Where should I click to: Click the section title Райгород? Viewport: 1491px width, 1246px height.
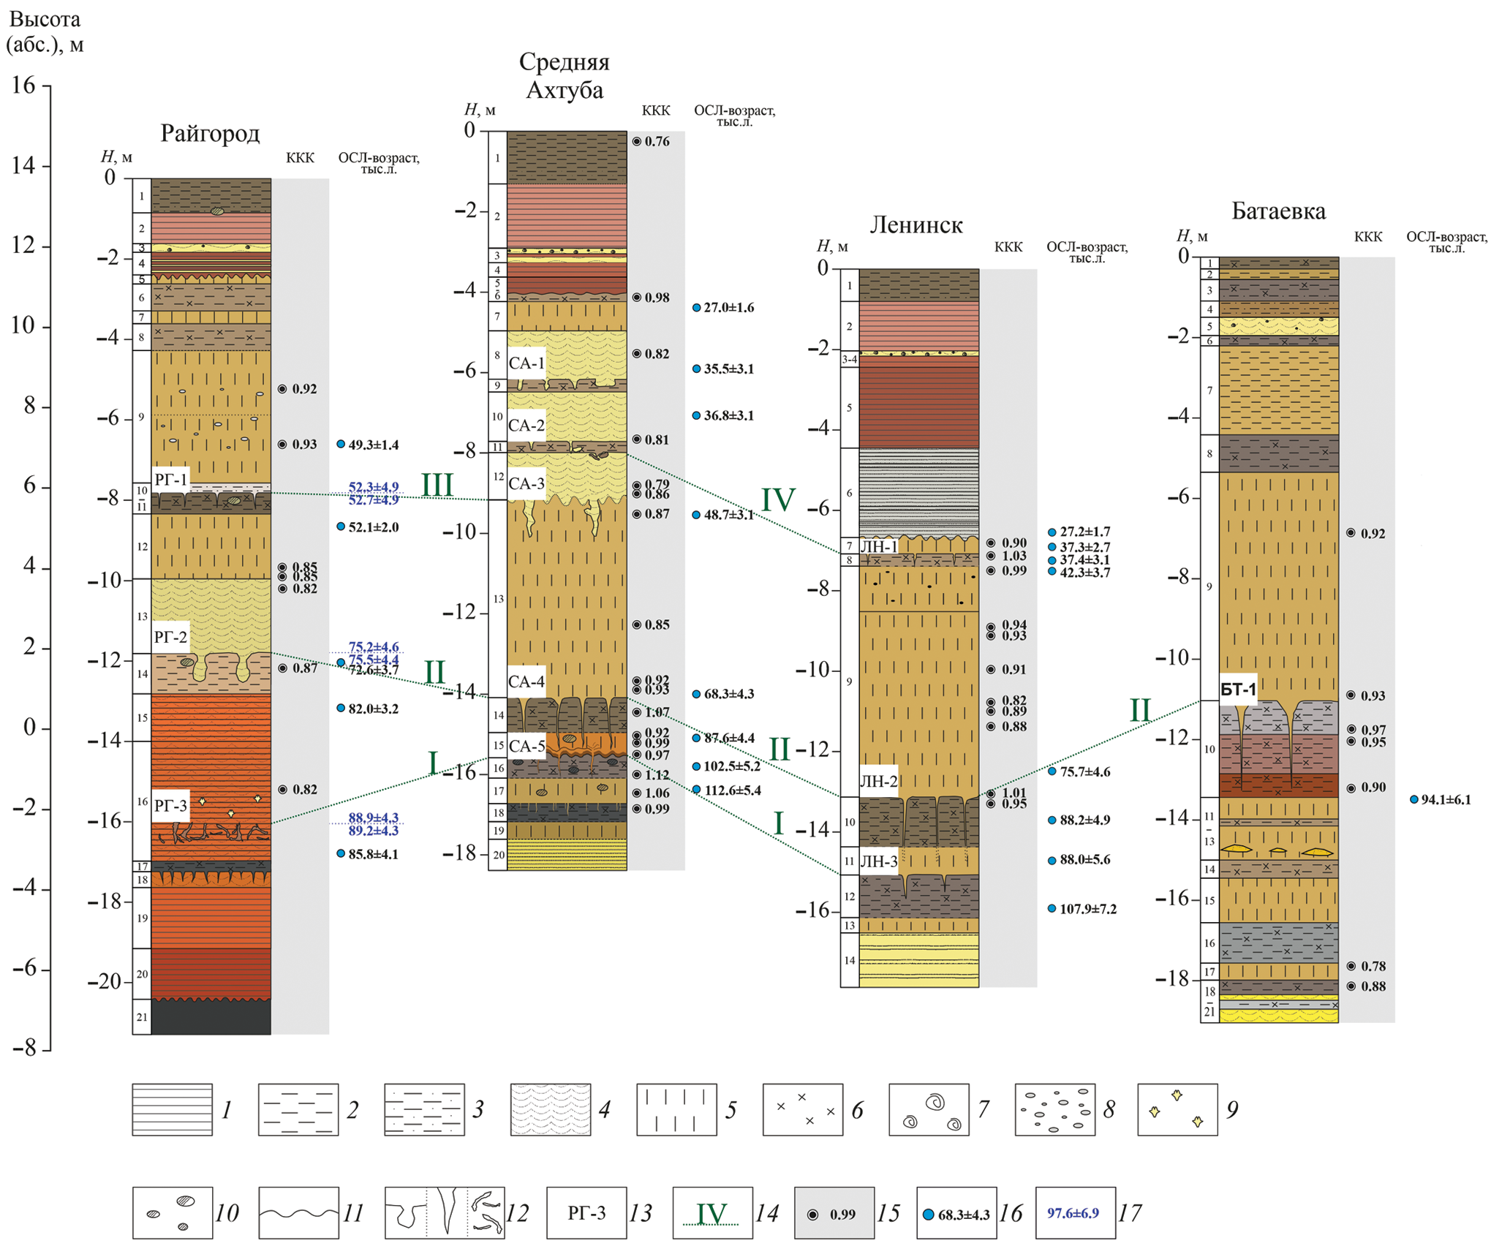point(210,133)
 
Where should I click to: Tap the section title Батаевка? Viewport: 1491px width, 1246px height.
point(1278,211)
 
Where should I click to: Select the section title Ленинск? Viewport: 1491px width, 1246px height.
point(916,225)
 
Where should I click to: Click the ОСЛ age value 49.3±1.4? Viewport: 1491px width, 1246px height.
point(373,445)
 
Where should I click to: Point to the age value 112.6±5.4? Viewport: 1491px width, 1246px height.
point(731,790)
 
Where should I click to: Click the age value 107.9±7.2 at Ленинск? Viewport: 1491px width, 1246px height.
point(1087,909)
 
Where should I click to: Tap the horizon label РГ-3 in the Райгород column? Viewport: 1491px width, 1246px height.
point(170,806)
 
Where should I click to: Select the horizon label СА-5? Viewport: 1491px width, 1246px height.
point(526,746)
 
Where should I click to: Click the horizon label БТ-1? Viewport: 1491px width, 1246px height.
point(1238,690)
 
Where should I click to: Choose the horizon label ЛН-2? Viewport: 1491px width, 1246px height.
point(878,781)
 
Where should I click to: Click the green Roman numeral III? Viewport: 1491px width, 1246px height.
point(437,485)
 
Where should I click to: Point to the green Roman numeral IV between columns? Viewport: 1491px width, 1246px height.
point(778,500)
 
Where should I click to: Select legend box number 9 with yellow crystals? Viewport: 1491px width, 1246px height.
point(1177,1109)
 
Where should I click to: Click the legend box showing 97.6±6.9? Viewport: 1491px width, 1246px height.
point(1075,1213)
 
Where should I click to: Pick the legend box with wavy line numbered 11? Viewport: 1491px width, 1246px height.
point(298,1213)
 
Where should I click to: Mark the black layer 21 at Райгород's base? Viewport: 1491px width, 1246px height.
point(211,1017)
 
